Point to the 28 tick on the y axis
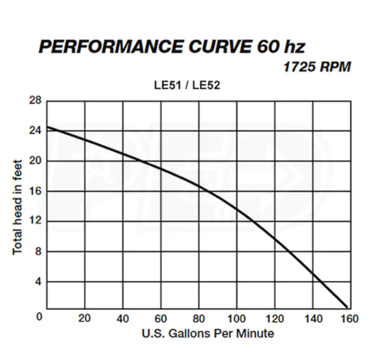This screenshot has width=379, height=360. coord(35,101)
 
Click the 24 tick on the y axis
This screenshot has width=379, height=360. coord(35,131)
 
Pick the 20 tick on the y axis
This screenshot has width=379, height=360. coord(35,161)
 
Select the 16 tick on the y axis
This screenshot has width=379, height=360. coord(35,191)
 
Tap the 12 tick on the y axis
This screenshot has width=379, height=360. coord(35,221)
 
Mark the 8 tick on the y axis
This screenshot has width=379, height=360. coord(37,252)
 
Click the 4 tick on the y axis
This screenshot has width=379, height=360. coord(37,282)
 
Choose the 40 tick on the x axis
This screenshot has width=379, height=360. coord(123,318)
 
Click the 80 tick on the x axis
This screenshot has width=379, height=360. coord(199,318)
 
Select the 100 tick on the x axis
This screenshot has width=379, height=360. coord(237,318)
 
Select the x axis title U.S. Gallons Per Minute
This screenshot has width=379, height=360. coord(199,333)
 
